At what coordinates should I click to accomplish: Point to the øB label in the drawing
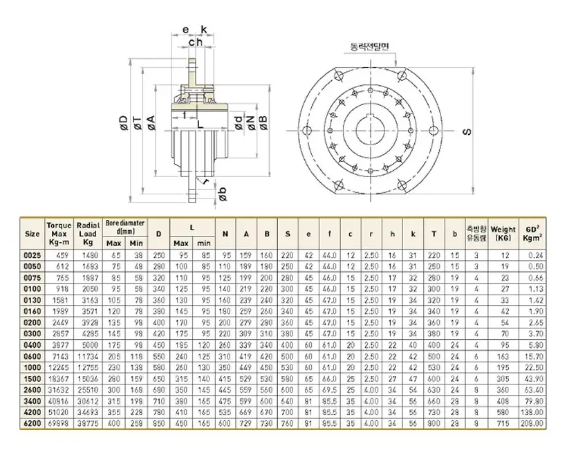click(x=263, y=122)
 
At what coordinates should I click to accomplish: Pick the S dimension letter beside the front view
click(x=465, y=131)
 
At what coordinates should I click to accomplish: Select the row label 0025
click(x=32, y=255)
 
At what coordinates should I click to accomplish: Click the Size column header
click(x=32, y=234)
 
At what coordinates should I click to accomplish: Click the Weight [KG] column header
click(x=504, y=234)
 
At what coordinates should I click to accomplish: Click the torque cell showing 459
click(x=58, y=255)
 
